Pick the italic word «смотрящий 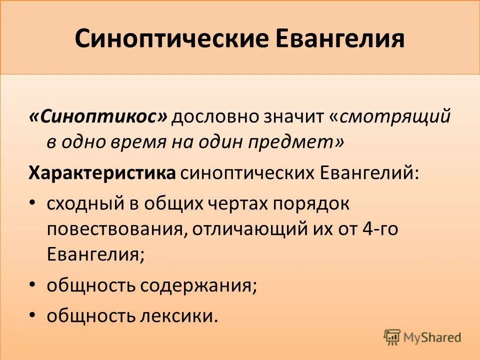click(x=390, y=117)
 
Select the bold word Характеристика click(x=102, y=173)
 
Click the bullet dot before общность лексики click(x=33, y=315)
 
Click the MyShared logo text click(x=432, y=337)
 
